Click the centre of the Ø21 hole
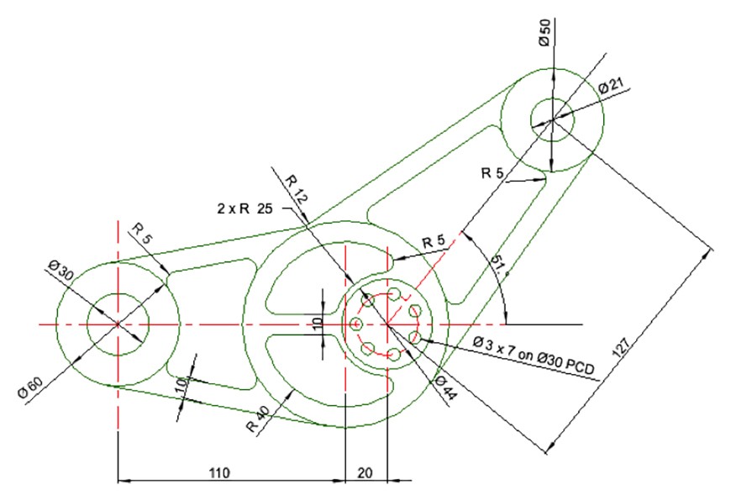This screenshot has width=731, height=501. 552,119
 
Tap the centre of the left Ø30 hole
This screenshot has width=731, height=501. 118,324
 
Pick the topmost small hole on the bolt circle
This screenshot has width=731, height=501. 392,293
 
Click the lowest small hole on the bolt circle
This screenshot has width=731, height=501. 392,354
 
